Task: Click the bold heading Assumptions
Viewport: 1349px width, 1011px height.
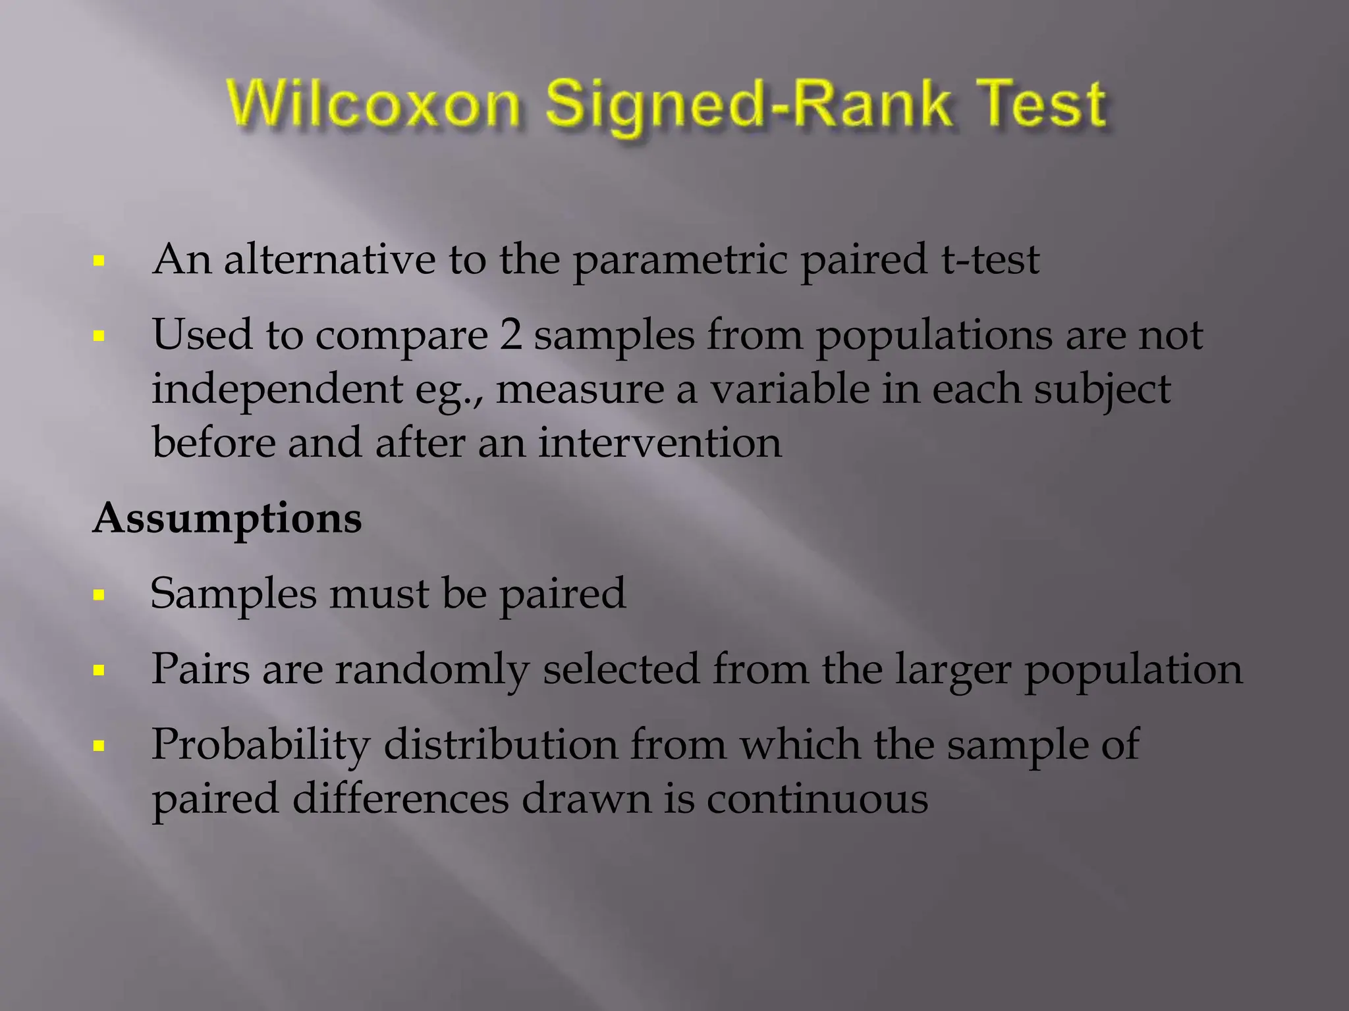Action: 227,519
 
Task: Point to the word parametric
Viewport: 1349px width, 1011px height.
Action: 679,260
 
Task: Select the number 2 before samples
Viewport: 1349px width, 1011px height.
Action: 510,335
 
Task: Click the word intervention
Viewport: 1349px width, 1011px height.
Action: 659,442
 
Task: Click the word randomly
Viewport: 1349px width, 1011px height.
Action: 432,669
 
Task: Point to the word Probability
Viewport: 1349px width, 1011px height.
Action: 261,746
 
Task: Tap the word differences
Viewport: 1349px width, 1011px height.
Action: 400,799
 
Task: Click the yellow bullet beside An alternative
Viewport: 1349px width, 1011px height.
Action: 99,261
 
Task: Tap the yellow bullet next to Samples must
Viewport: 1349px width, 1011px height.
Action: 99,596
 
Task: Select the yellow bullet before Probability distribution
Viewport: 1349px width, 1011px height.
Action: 99,746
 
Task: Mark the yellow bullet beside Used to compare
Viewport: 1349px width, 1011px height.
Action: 99,336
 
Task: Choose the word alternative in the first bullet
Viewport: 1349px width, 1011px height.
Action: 329,259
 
